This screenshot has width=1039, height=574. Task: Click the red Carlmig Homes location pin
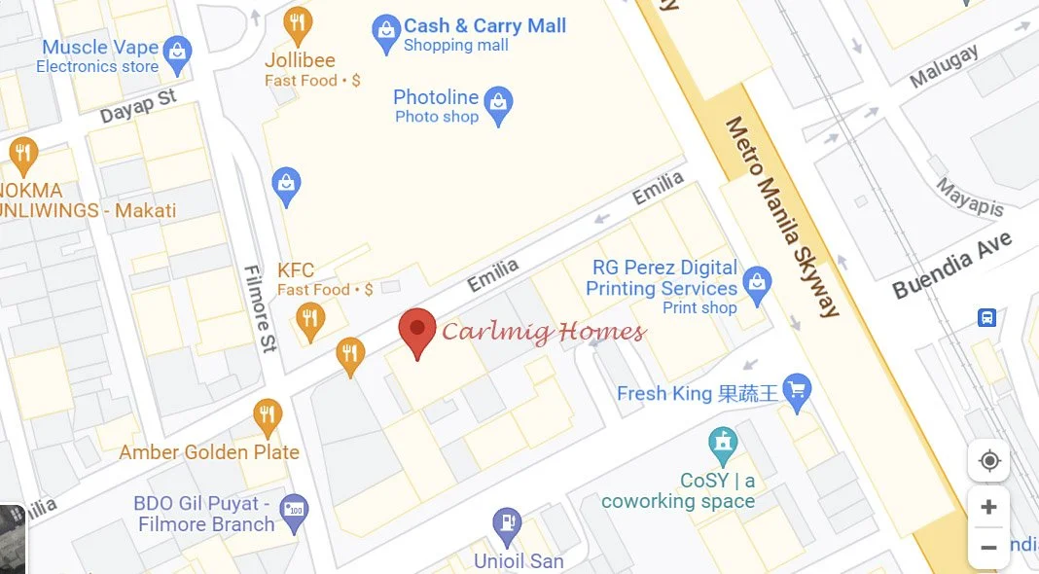coord(417,331)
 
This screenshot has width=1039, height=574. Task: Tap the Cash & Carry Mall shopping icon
coord(386,33)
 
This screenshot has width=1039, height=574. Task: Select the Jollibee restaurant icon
coord(299,24)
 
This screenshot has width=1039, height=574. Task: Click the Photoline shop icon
coord(498,105)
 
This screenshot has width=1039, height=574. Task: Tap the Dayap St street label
coord(138,106)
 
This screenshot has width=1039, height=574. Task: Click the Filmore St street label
coord(261,307)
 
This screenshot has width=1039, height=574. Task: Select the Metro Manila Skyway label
coord(782,216)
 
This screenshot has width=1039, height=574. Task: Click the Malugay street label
coord(944,67)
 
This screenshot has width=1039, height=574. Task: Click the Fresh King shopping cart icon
coord(797,392)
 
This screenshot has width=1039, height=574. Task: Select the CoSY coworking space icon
coord(722,447)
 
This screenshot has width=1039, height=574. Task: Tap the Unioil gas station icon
coord(506,526)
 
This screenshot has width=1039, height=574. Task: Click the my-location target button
coord(988,460)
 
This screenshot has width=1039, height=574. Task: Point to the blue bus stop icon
coord(986,317)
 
